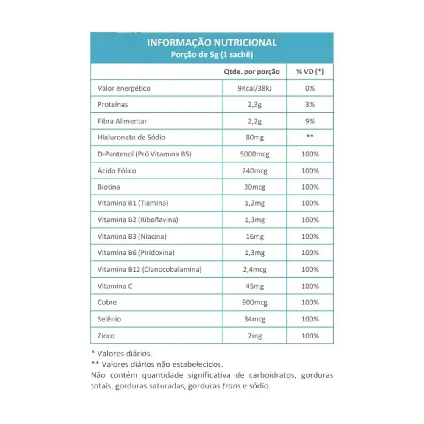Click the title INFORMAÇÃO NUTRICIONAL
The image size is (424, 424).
point(212,43)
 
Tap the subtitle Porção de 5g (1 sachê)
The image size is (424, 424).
point(212,54)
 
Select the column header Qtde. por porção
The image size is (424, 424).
point(251,72)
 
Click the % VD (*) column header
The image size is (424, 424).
point(310,72)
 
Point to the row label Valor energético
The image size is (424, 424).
point(124,89)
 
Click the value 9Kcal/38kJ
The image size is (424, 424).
point(255,89)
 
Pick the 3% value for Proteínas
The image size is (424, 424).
point(310,104)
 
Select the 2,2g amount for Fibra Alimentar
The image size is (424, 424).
point(255,121)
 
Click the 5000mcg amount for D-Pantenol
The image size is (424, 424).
point(255,154)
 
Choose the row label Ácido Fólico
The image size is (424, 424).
point(117,171)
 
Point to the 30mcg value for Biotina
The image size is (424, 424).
point(255,187)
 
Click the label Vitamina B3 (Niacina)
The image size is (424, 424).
point(131,236)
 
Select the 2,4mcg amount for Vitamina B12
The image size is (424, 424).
point(255,269)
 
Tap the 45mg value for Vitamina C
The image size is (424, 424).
point(255,286)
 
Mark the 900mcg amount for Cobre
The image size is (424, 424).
point(255,303)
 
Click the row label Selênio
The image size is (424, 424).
point(109,319)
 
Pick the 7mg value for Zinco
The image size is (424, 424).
point(255,336)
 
